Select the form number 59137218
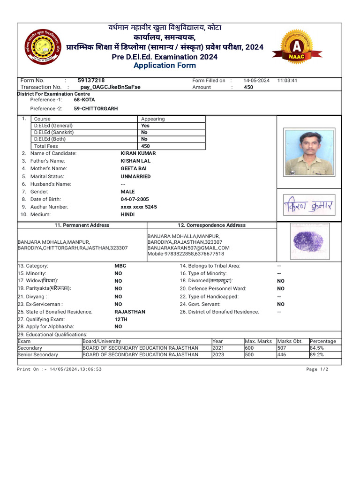coord(91,81)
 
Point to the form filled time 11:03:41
coord(287,81)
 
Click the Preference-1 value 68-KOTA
coord(84,100)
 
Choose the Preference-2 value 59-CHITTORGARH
coord(96,109)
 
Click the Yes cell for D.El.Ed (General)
coord(145,126)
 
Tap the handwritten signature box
coord(308,205)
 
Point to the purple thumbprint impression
coord(307,241)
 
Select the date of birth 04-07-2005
coord(135,199)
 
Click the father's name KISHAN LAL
coord(135,161)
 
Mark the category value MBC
coord(120,266)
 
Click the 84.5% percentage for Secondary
coord(316,348)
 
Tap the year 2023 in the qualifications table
coord(218,355)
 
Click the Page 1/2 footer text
coord(317,369)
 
